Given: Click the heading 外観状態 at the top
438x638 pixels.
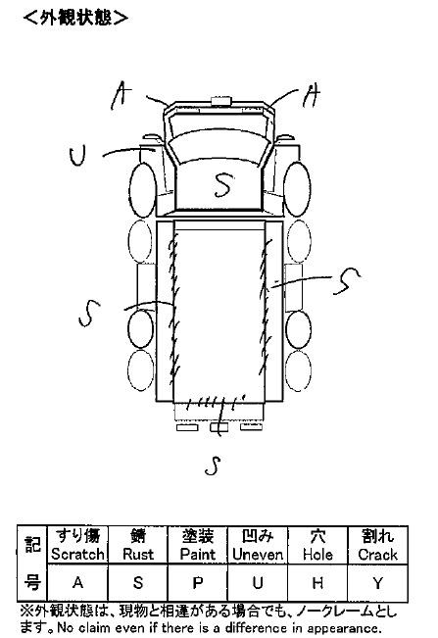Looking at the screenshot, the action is pos(75,18).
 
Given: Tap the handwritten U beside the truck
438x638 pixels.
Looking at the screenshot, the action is pos(77,157).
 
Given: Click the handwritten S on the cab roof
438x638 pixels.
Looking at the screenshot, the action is pos(223,185).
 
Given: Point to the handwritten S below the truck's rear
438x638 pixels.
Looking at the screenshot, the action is pos(213,466).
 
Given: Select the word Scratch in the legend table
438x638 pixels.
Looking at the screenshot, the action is pos(77,554).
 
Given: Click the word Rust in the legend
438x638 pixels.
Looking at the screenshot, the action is pos(138,554).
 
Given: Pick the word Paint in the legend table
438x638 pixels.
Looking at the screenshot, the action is pos(198,554).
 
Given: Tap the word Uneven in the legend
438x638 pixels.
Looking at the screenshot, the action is pos(258,554).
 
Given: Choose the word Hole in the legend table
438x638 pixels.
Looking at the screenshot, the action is pos(317,554).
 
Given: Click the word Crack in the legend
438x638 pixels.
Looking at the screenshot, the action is pos(378,554).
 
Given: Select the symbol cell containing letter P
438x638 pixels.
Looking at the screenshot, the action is pos(198,583).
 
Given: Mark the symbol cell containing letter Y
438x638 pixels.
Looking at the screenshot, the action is pos(378,583).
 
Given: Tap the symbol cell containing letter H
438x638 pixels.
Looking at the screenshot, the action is pos(317,583).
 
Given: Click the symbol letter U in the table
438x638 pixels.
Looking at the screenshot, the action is pos(258,583).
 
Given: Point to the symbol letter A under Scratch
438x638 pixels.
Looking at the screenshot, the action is pos(77,583).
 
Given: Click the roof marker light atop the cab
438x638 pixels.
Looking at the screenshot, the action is pos(220,101).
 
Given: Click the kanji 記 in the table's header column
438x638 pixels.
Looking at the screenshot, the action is pos(32,544).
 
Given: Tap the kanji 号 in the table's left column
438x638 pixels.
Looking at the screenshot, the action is pos(32,582).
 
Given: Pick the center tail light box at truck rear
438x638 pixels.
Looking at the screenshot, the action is pos(219,427).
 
